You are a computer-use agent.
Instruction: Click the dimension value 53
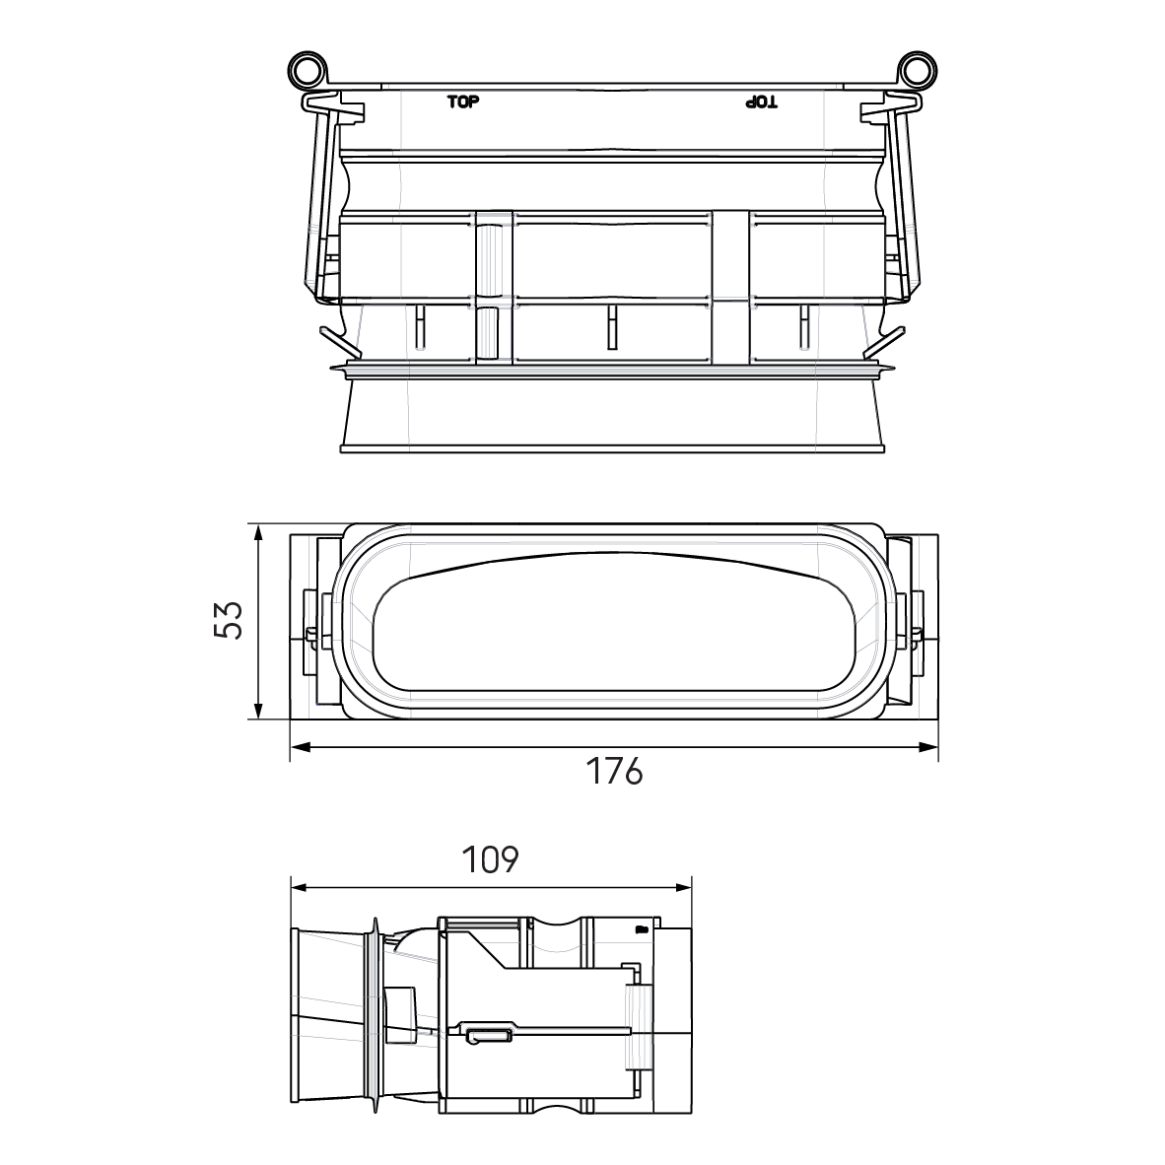[228, 621]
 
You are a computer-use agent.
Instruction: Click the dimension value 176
[615, 772]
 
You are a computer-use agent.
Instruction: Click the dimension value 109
[490, 859]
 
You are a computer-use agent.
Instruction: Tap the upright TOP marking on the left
[462, 102]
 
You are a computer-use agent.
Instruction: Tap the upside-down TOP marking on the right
[760, 102]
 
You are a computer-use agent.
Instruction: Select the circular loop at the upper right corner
[917, 71]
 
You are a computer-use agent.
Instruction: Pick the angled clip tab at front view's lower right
[884, 341]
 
